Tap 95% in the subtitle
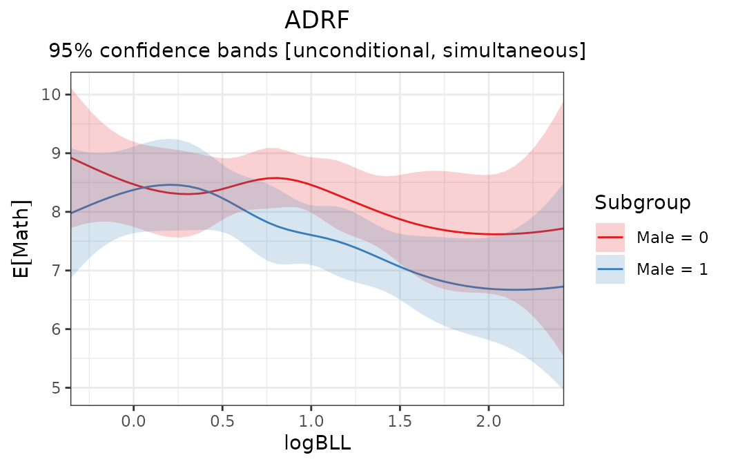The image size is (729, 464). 68,51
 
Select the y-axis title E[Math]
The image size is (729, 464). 23,238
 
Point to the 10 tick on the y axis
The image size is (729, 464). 51,94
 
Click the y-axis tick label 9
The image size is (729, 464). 56,153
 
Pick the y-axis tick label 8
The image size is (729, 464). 56,211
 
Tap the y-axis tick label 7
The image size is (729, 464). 56,270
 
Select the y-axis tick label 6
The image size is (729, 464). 56,329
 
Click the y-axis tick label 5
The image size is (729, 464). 56,387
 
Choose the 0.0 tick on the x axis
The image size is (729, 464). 133,419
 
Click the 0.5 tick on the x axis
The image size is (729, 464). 222,419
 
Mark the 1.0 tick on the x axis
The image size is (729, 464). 311,419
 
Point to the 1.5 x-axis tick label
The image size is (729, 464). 399,419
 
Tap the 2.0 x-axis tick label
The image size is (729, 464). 488,419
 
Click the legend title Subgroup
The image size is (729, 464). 643,202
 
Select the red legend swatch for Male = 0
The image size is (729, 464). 610,238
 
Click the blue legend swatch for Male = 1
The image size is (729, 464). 610,269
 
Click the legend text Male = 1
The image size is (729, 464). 672,269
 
